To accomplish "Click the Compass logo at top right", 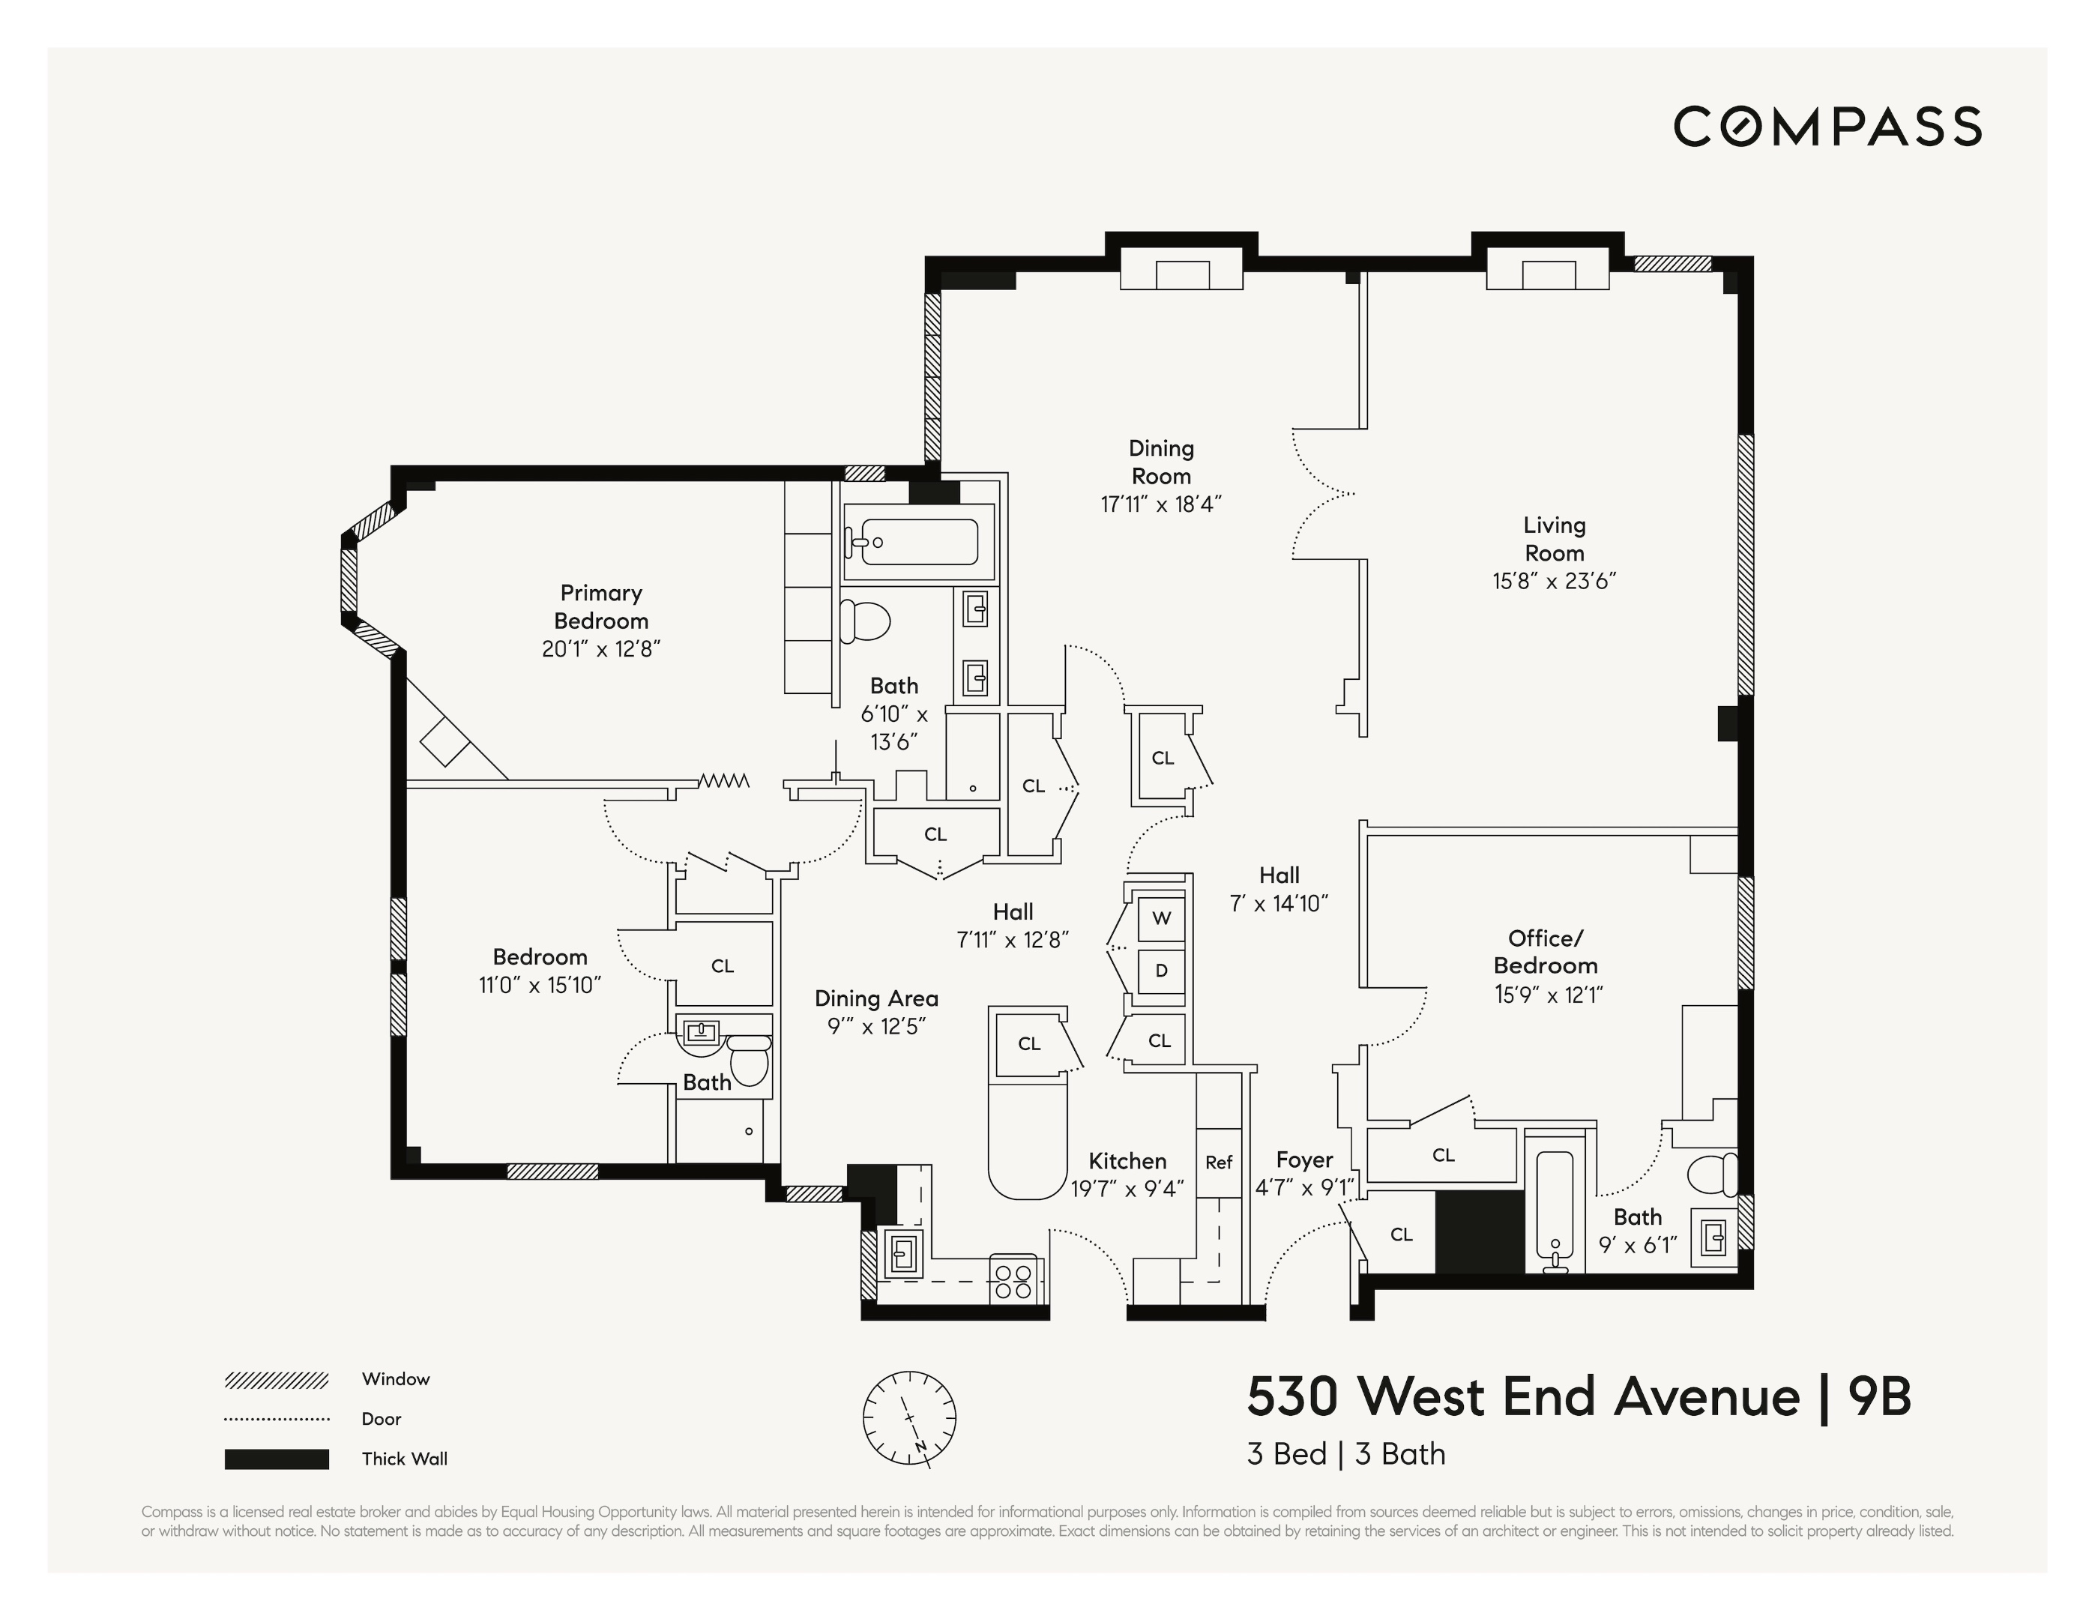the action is pyautogui.click(x=1827, y=127).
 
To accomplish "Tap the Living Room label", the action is pyautogui.click(x=1554, y=539).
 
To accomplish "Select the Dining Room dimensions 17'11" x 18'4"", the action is pyautogui.click(x=1161, y=504).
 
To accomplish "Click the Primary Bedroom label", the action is pyautogui.click(x=601, y=607).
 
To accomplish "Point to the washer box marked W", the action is pyautogui.click(x=1161, y=918).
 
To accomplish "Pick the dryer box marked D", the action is pyautogui.click(x=1161, y=971).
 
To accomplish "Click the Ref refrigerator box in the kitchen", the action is pyautogui.click(x=1218, y=1163).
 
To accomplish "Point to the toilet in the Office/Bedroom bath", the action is pyautogui.click(x=1712, y=1175).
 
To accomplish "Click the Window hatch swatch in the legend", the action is pyautogui.click(x=277, y=1380).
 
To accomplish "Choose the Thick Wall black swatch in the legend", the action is pyautogui.click(x=277, y=1459).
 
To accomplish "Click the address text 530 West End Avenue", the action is pyautogui.click(x=1523, y=1396).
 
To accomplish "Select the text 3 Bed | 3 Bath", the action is pyautogui.click(x=1346, y=1454).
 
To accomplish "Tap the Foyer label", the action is pyautogui.click(x=1304, y=1160).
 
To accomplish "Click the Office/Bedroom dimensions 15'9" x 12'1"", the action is pyautogui.click(x=1549, y=995).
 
